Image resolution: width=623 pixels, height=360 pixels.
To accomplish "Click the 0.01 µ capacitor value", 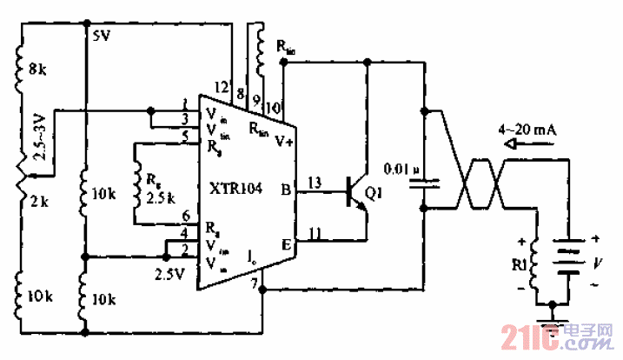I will coord(401,168).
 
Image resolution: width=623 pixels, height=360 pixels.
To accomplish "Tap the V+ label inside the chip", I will coord(284,141).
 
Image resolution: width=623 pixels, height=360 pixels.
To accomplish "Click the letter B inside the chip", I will coord(286,189).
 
